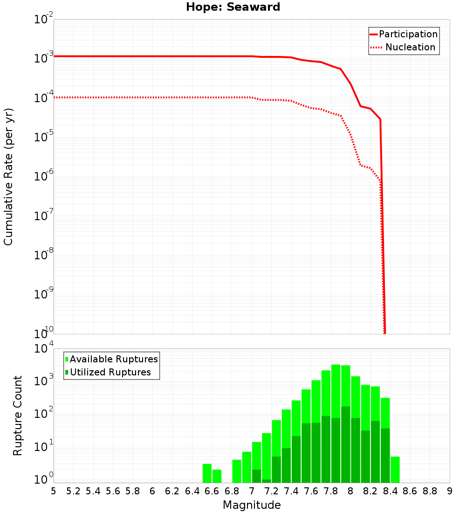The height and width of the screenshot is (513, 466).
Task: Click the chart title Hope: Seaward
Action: pyautogui.click(x=233, y=7)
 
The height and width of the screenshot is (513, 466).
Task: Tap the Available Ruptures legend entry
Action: pyautogui.click(x=114, y=359)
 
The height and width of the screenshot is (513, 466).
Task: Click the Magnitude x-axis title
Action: pyautogui.click(x=252, y=505)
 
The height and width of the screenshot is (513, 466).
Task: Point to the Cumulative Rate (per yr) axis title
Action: pyautogui.click(x=9, y=176)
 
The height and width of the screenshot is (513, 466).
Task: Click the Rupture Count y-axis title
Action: pyautogui.click(x=18, y=416)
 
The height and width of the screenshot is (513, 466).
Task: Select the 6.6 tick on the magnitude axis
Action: pyautogui.click(x=212, y=491)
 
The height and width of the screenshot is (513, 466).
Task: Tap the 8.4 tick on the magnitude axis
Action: pyautogui.click(x=390, y=491)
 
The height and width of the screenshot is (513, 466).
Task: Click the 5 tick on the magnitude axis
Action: pyautogui.click(x=54, y=491)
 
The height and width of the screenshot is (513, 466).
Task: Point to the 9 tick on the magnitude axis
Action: pyautogui.click(x=450, y=491)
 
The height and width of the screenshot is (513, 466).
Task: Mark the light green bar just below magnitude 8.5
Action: pyautogui.click(x=395, y=470)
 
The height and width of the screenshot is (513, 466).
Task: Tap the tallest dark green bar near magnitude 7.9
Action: pyautogui.click(x=346, y=443)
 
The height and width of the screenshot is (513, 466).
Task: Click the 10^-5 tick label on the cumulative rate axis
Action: pyautogui.click(x=44, y=137)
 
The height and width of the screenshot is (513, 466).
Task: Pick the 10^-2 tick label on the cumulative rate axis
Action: pyautogui.click(x=44, y=20)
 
